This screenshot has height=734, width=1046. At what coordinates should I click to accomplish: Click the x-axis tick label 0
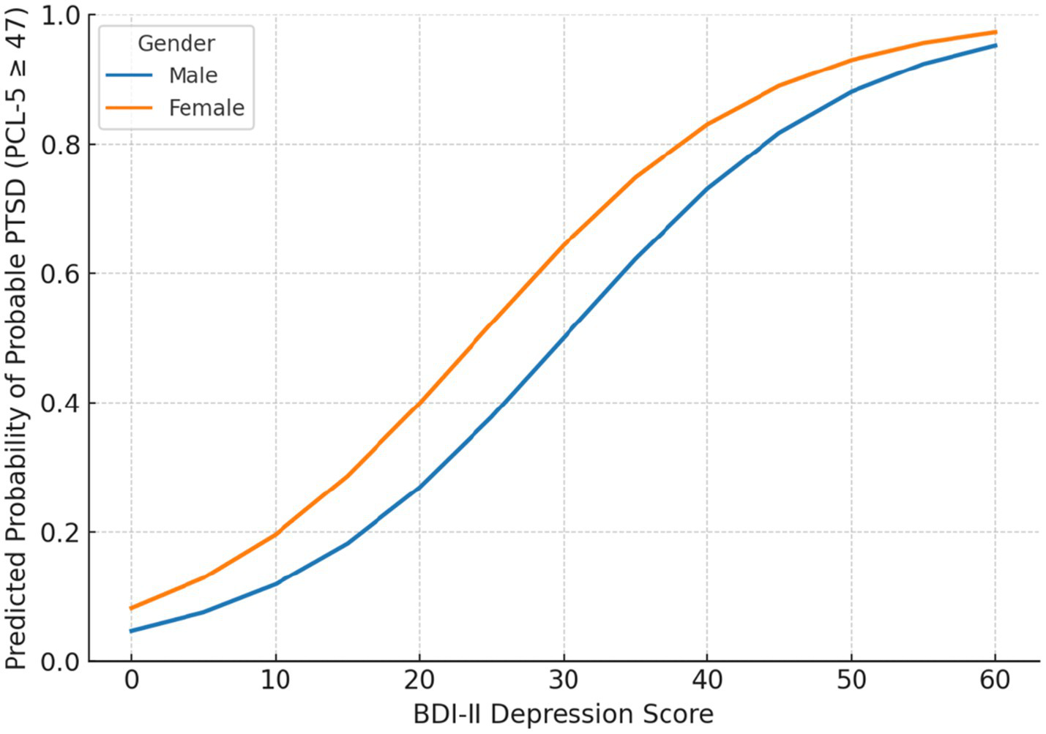click(131, 681)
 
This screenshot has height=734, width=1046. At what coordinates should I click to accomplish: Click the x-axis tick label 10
click(275, 681)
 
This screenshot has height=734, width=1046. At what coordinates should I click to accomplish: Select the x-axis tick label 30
click(564, 681)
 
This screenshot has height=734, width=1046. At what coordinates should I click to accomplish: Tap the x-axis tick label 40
click(707, 681)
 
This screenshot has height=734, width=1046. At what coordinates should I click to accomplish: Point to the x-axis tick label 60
click(995, 681)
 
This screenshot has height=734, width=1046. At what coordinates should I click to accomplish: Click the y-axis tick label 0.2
click(61, 532)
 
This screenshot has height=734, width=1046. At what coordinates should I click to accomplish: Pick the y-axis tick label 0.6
click(61, 274)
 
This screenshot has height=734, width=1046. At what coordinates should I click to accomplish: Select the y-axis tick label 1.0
click(61, 15)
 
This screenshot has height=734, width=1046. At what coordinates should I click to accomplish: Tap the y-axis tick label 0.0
click(61, 661)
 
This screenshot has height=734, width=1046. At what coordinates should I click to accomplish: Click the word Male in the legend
click(193, 75)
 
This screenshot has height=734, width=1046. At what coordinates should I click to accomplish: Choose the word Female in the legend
click(206, 108)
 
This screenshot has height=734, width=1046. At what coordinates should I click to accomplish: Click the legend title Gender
click(176, 43)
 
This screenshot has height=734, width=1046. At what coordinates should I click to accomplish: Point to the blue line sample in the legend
click(129, 75)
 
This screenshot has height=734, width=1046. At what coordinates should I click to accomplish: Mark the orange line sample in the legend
click(129, 108)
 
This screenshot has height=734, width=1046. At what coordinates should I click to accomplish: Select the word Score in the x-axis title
click(679, 714)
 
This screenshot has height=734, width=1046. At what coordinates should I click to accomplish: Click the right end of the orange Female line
click(995, 32)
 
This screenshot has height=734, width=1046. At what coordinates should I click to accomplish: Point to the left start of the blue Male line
click(131, 631)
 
